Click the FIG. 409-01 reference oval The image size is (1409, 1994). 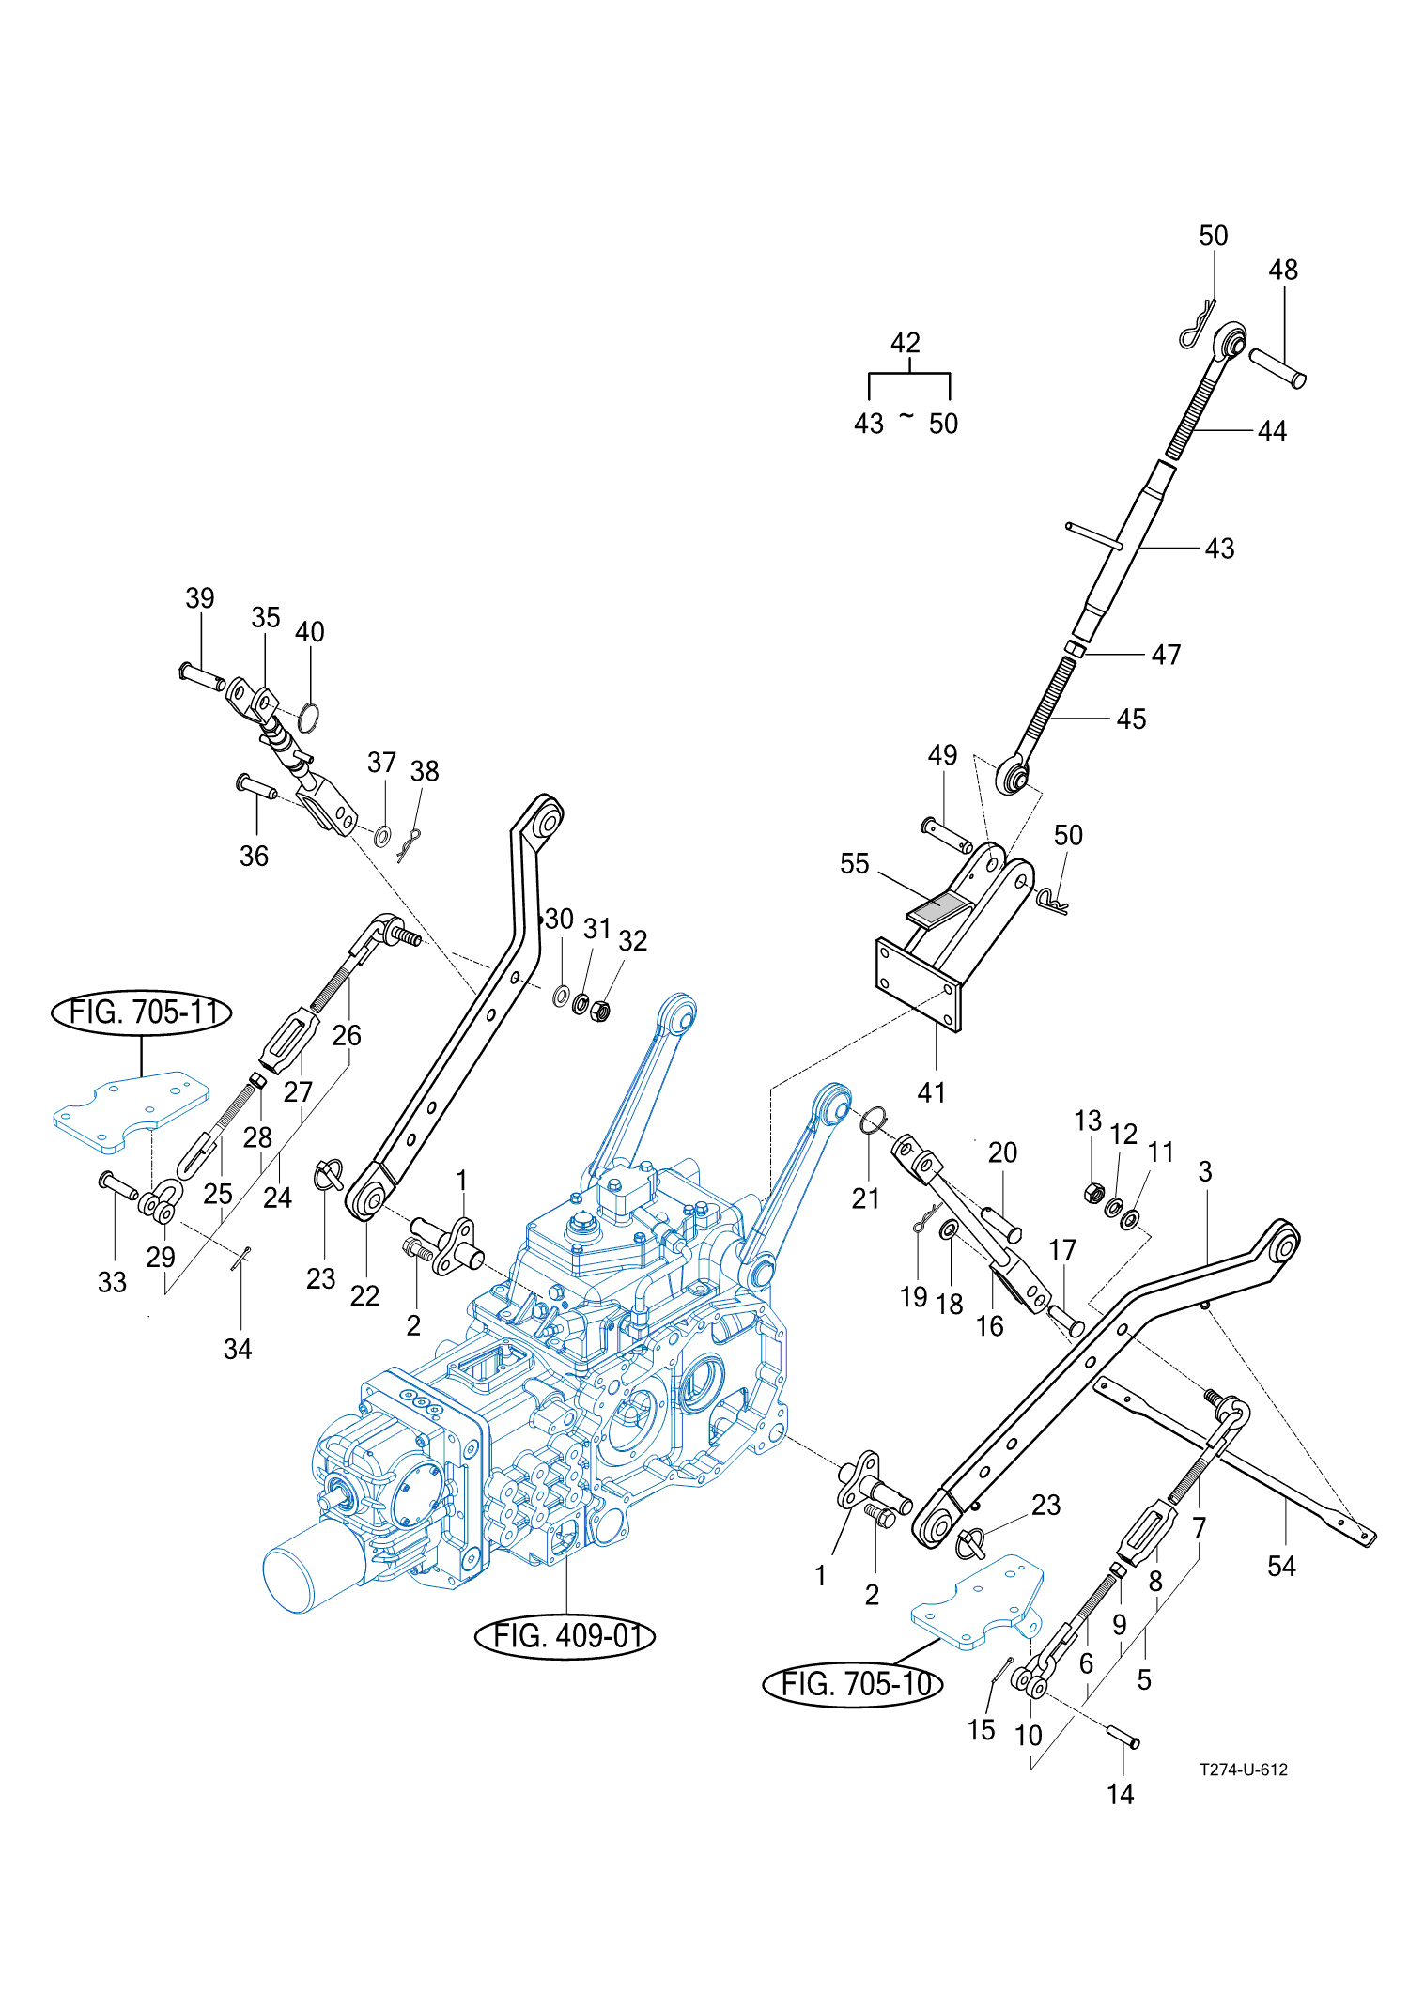coord(565,1636)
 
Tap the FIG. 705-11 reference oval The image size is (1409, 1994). coord(142,1012)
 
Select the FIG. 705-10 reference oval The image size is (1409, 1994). coord(853,1684)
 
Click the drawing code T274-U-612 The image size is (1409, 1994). coord(1243,1770)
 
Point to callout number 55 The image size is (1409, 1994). coord(854,864)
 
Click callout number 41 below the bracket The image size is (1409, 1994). coord(931,1092)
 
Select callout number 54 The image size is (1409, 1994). coord(1281,1566)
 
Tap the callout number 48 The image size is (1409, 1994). coord(1283,271)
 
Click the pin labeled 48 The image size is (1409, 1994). coord(1277,368)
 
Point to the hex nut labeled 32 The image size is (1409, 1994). coord(601,1012)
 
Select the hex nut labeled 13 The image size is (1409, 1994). coord(1092,1194)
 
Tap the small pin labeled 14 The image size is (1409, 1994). coord(1123,1737)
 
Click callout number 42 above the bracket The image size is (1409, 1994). coord(906,343)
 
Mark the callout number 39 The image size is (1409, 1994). coord(200,598)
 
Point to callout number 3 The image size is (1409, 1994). coord(1205,1172)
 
